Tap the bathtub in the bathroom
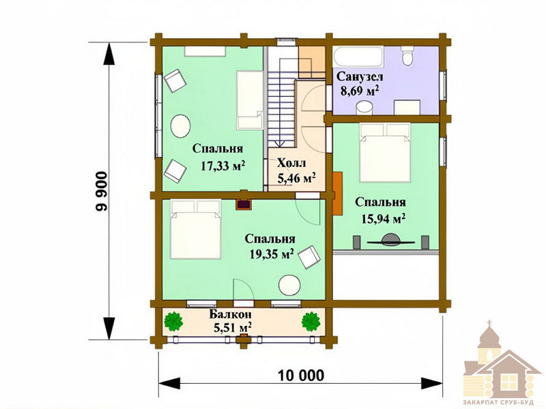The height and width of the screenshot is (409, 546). [358, 57]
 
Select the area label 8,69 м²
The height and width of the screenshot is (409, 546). [360, 91]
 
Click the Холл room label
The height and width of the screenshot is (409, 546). [291, 163]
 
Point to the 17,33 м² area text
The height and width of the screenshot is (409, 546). [223, 166]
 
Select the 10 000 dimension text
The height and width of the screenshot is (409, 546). [301, 376]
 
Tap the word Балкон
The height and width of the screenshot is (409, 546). [230, 314]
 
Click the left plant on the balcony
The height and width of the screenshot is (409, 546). [173, 321]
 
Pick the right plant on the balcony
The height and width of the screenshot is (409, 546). [311, 321]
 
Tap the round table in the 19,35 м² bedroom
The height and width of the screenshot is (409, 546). [289, 286]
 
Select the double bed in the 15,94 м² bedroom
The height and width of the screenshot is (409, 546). [385, 152]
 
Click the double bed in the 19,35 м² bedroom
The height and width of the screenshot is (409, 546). [196, 229]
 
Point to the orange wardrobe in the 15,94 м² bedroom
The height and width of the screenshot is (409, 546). [337, 194]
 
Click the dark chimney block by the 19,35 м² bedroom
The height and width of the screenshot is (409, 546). [244, 204]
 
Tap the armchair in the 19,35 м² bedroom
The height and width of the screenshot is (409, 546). [309, 258]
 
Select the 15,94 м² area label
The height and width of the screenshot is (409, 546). [384, 219]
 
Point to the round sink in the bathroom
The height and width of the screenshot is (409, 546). [364, 107]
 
